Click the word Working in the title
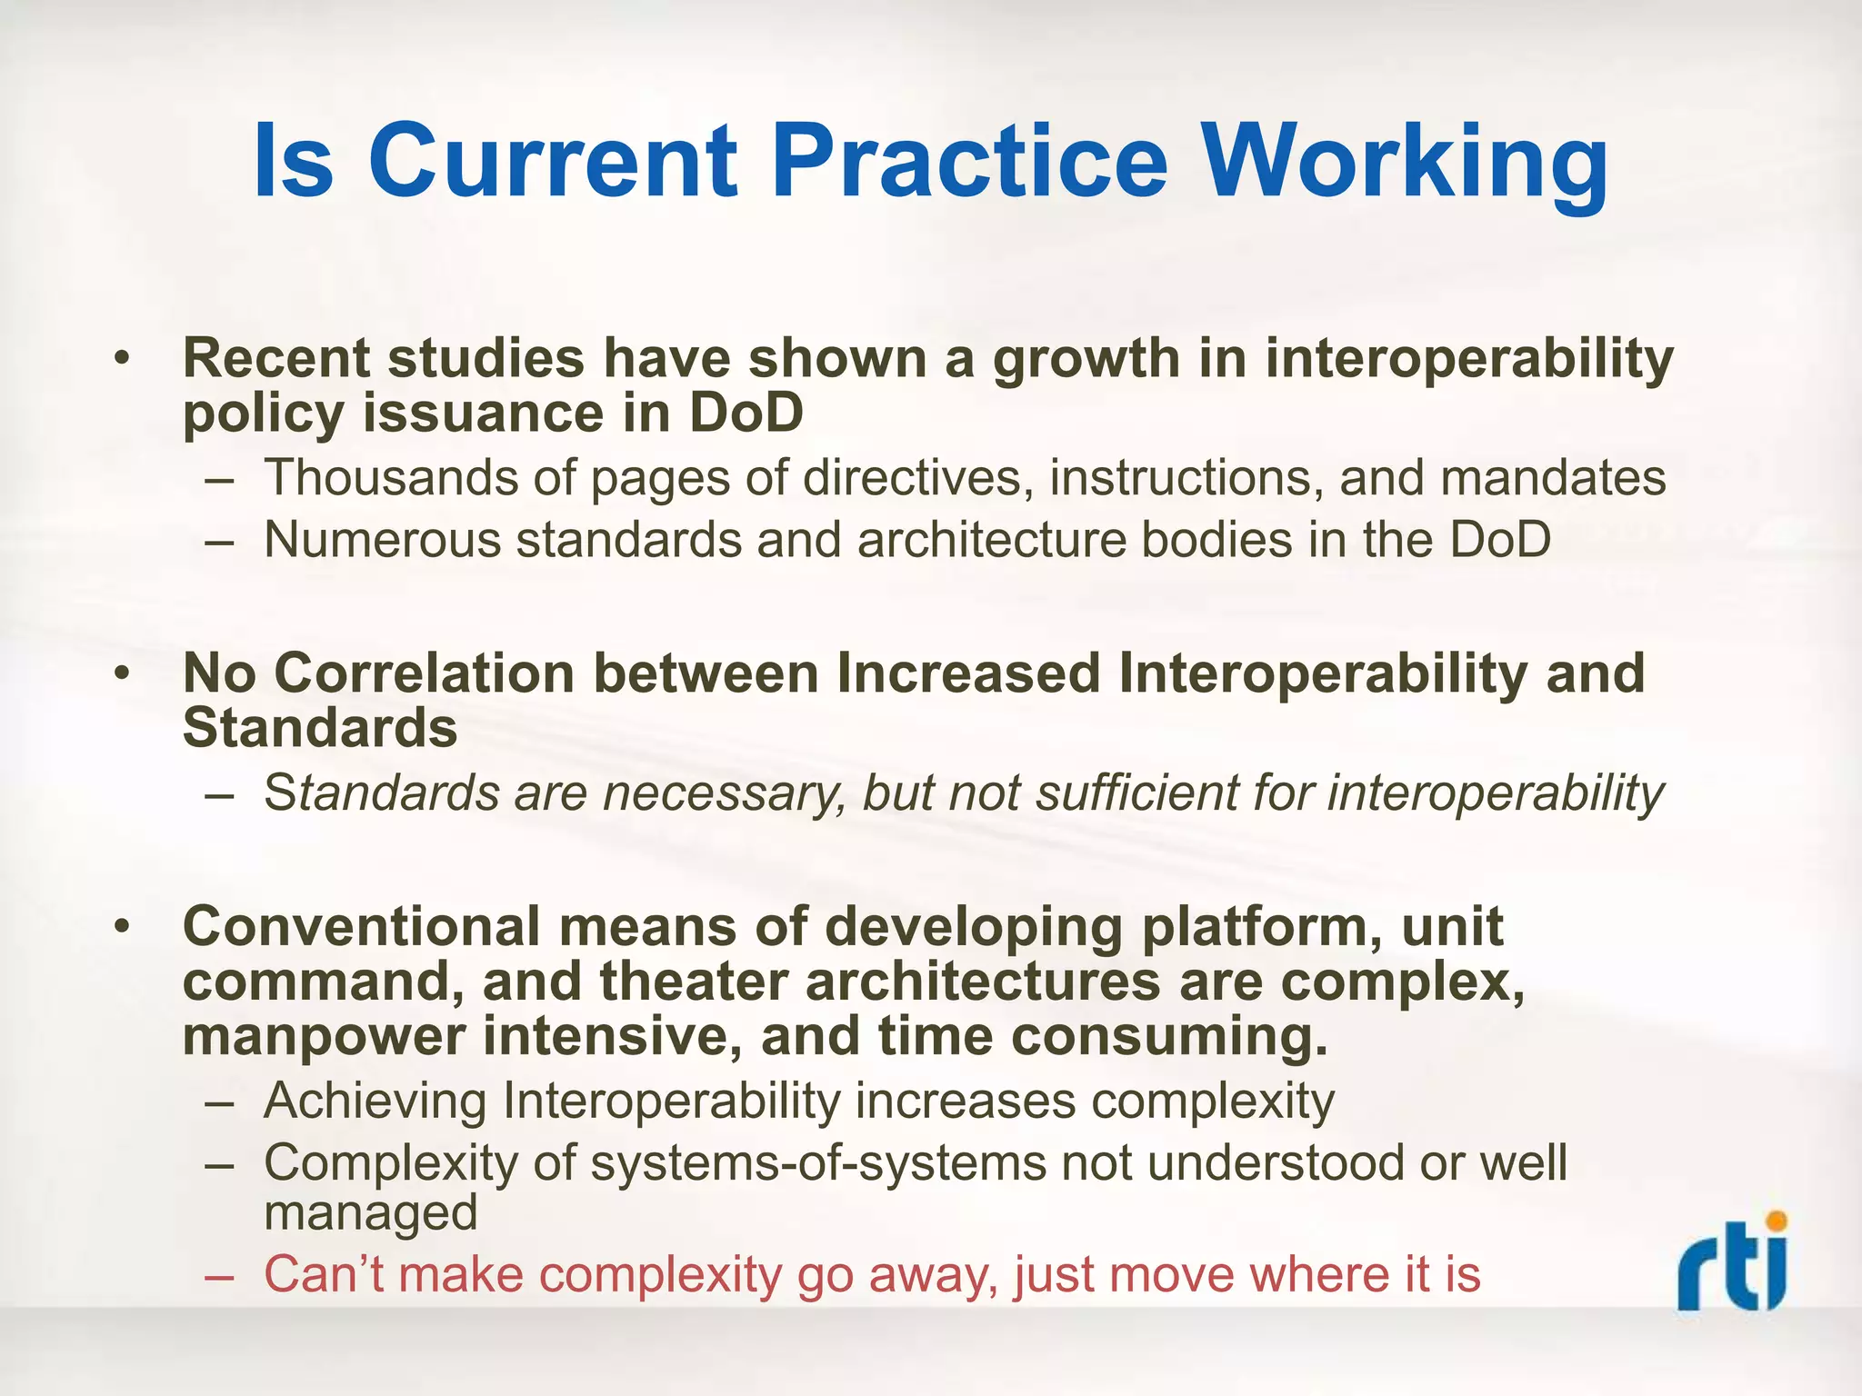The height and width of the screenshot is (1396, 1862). coord(1406,164)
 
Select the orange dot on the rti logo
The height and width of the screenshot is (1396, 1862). coord(1775,1221)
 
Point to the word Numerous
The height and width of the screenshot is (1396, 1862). coord(382,539)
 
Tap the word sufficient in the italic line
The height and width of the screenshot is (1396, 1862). coord(1136,793)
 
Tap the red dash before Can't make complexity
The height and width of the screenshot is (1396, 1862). coord(219,1275)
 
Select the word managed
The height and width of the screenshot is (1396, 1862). coord(370,1212)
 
